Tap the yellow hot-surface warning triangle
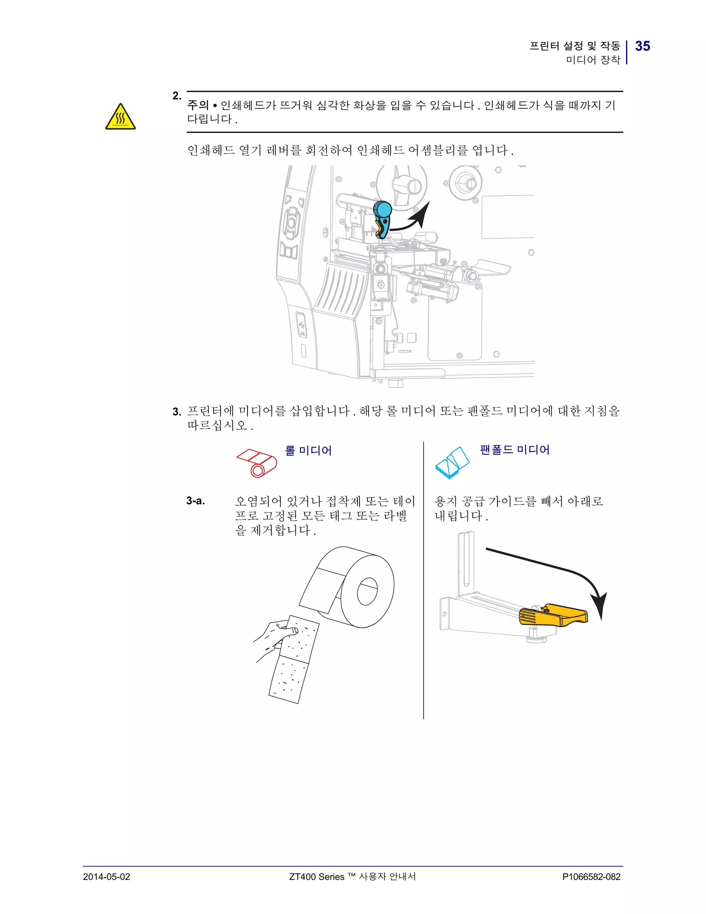pos(120,118)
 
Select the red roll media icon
pos(256,463)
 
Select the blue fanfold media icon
pos(452,463)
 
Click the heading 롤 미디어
pos(308,451)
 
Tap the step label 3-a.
pos(196,500)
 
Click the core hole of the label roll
pos(367,592)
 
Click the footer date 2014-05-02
pos(106,877)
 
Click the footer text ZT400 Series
pos(317,877)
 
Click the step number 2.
pos(177,96)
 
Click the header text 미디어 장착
pos(593,60)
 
